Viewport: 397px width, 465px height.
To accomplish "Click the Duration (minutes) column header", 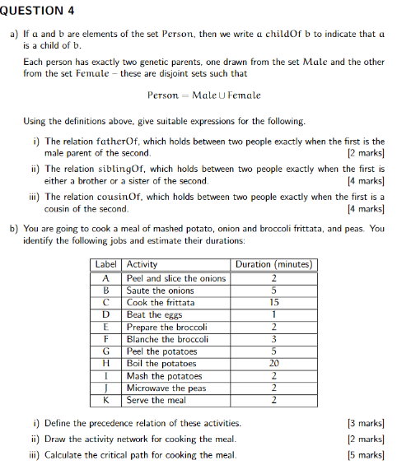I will coord(273,265).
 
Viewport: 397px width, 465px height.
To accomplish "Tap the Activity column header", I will coord(142,265).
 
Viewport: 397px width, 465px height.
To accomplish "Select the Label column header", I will coord(105,265).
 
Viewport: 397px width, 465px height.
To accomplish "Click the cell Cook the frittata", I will coord(161,302).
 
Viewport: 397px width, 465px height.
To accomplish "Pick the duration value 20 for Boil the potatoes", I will coord(273,363).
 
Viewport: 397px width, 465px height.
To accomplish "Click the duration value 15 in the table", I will coord(273,302).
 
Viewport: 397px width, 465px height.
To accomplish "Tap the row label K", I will coord(105,400).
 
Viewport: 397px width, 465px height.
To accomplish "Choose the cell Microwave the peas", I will coord(166,388).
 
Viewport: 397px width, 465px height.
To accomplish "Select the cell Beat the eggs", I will coord(153,314).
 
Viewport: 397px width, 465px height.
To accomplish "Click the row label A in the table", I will coord(105,278).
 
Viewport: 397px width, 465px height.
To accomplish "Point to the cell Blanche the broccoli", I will coord(166,339).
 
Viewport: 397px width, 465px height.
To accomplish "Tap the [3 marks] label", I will coord(367,423).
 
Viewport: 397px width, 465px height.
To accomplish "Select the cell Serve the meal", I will coord(156,400).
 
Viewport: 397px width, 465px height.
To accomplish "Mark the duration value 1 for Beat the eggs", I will coord(273,314).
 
